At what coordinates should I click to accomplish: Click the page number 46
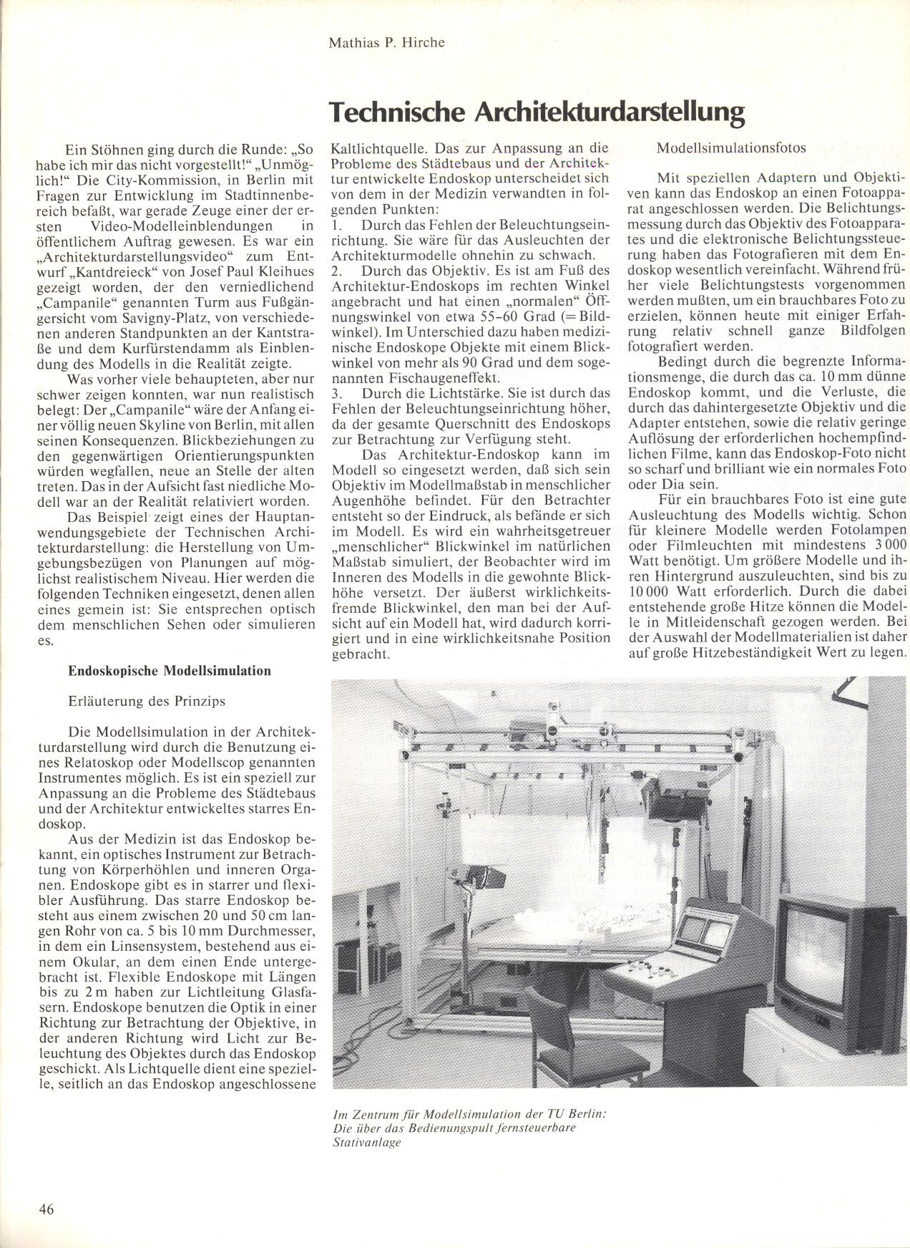(x=47, y=1209)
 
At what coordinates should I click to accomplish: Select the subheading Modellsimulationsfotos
(x=731, y=148)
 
